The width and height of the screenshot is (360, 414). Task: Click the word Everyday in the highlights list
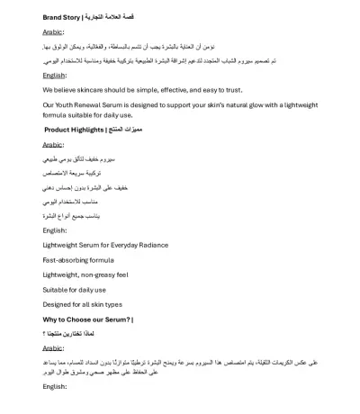tap(122, 244)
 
